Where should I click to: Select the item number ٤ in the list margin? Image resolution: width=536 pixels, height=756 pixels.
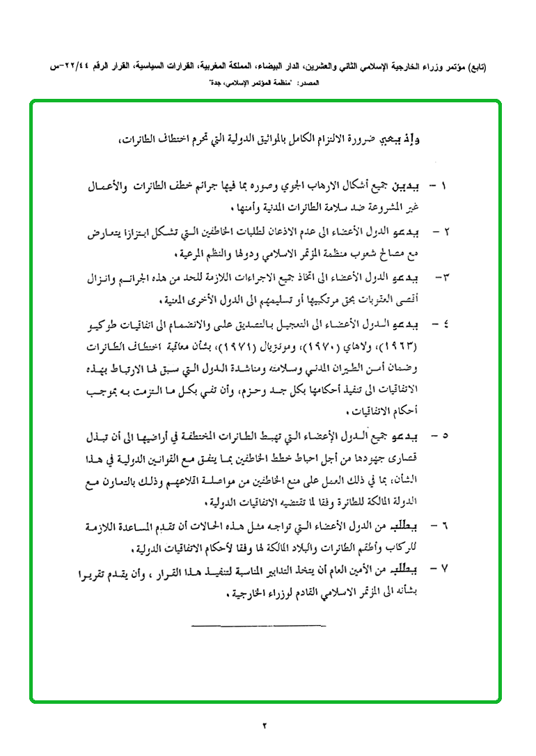pyautogui.click(x=445, y=324)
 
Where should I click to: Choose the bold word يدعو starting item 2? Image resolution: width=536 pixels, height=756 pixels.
pyautogui.click(x=404, y=230)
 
